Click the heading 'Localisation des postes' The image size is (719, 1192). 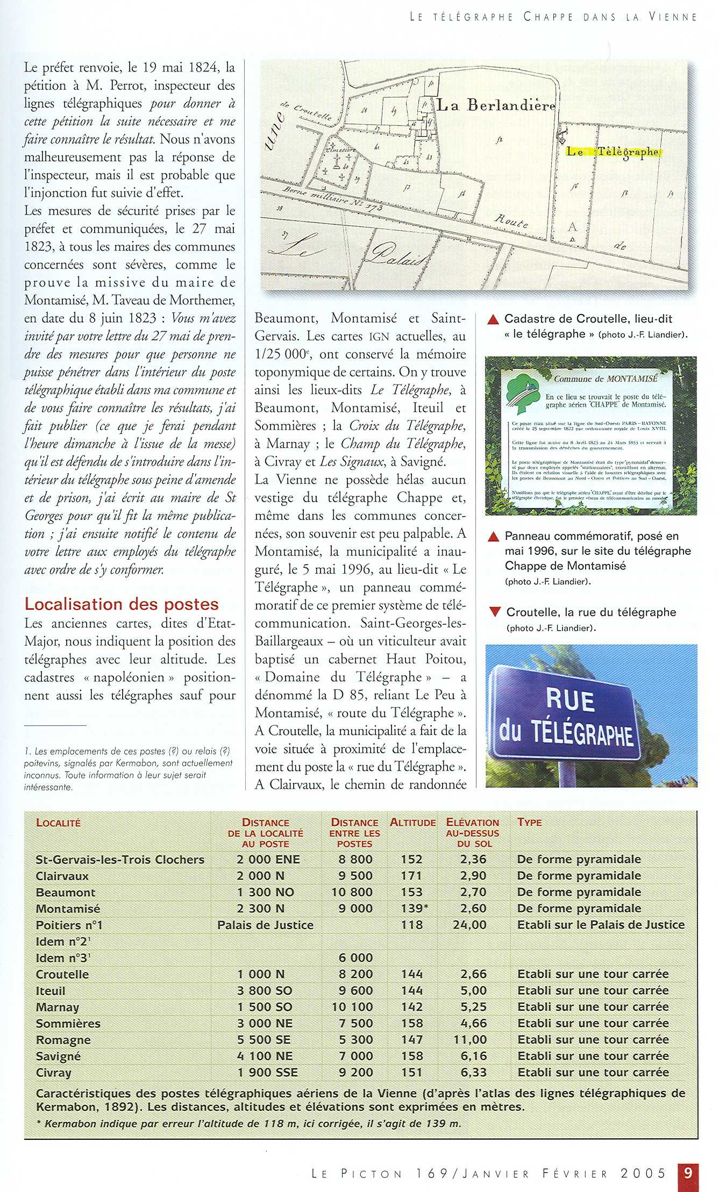[122, 604]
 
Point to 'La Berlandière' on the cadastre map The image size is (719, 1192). [495, 105]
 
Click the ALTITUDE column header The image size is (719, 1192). [412, 823]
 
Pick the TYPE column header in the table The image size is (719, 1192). [529, 822]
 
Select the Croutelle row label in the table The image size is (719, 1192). [62, 974]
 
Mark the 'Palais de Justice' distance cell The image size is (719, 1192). [265, 925]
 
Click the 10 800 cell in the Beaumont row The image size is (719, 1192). [352, 892]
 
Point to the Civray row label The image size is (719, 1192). [53, 1073]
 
